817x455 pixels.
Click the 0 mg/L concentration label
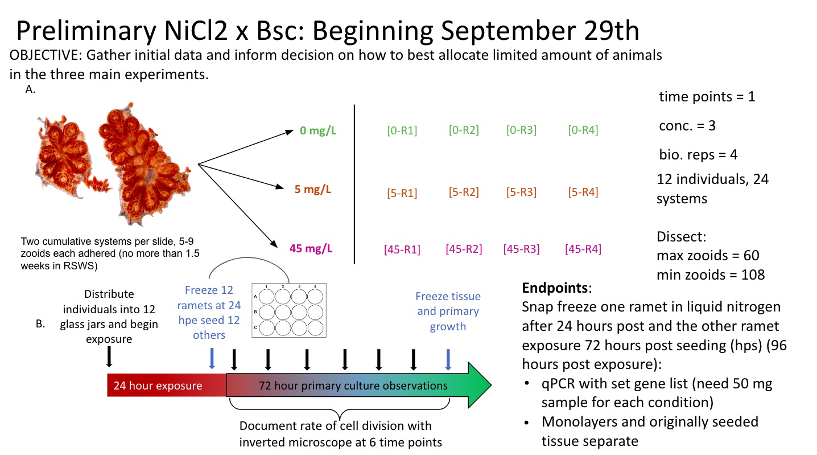pos(318,132)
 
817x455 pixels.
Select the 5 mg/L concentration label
pos(312,190)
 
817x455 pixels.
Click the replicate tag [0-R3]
pos(521,130)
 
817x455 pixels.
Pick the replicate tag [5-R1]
pos(402,193)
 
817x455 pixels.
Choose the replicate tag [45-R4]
pos(583,249)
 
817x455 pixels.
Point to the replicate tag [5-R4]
pos(583,192)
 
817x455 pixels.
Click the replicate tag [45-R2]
pos(464,249)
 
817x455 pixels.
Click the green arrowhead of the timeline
pos(478,385)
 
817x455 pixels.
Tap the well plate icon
pos(289,311)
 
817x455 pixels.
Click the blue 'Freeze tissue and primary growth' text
pos(448,311)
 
